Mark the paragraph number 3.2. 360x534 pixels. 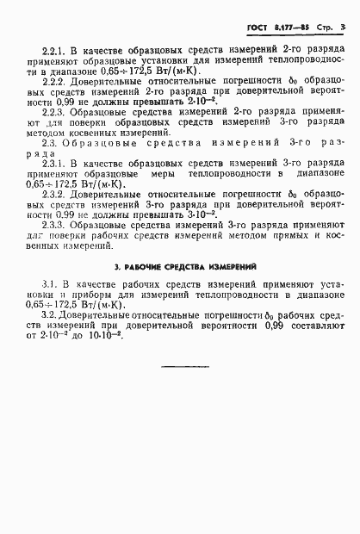pos(50,316)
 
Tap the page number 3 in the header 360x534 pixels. pos(343,28)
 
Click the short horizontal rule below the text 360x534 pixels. pos(186,368)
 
